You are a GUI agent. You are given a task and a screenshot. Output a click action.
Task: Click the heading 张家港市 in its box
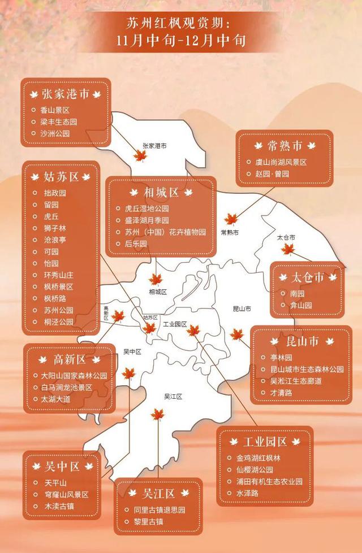(x=66, y=94)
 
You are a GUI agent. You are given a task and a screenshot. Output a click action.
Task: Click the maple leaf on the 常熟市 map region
(x=231, y=220)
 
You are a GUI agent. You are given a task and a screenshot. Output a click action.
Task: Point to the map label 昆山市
(x=242, y=308)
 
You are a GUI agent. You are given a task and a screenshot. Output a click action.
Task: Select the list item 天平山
(x=56, y=482)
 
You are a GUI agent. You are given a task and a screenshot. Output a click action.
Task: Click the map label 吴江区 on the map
(x=173, y=397)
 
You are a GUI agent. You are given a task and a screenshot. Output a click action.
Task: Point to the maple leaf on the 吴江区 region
(x=157, y=415)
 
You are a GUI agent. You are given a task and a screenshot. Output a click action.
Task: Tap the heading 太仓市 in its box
(x=308, y=277)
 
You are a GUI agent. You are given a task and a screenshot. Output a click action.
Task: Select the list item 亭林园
(x=281, y=358)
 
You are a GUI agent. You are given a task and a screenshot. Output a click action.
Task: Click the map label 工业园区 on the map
(x=175, y=325)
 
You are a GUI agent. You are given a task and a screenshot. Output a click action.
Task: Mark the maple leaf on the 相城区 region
(x=156, y=279)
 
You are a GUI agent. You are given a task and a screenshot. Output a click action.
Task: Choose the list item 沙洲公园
(x=55, y=133)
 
